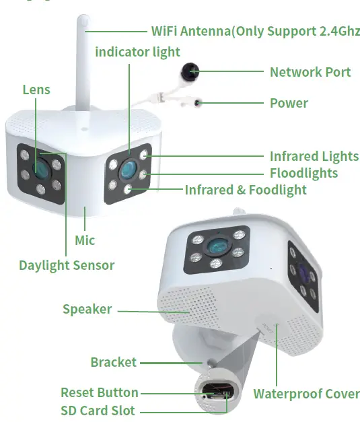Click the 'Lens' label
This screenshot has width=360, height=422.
[36, 90]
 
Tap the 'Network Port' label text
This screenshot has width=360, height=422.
[310, 72]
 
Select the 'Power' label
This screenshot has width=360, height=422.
[289, 103]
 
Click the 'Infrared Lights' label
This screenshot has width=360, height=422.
[314, 156]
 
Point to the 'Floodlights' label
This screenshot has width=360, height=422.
[303, 173]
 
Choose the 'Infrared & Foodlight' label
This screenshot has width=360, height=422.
[246, 190]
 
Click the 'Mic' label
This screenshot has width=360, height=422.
[85, 240]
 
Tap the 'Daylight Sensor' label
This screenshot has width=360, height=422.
[66, 265]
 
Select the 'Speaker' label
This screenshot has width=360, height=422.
[87, 310]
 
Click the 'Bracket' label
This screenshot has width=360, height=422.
[113, 363]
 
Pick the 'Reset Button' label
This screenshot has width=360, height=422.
[100, 392]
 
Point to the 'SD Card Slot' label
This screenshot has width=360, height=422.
[98, 410]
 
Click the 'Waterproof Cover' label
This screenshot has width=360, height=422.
[306, 394]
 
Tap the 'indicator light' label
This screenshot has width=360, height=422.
[137, 52]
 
